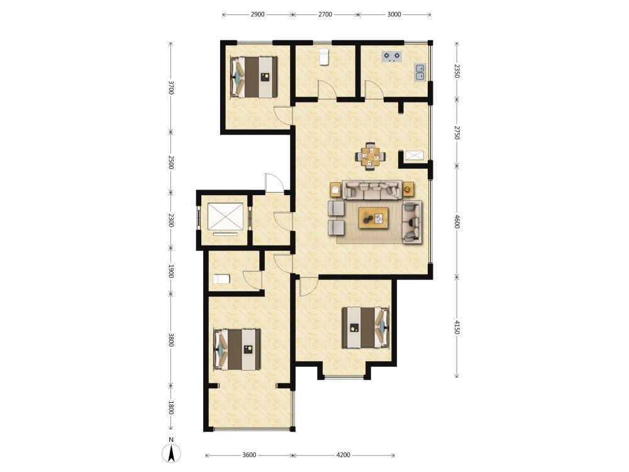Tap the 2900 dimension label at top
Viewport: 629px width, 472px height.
pos(257,14)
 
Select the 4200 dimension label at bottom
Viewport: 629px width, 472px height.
pos(343,455)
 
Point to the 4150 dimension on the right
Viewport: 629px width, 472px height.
pos(457,327)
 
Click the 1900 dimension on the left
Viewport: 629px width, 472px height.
pos(171,271)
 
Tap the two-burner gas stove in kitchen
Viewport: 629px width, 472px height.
pos(391,57)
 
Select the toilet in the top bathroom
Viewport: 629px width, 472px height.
pos(324,57)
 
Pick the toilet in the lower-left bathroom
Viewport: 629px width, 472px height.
pos(221,279)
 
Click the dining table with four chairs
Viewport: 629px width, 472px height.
pos(370,157)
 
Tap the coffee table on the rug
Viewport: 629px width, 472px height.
pos(374,218)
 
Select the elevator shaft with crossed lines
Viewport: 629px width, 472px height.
pos(225,216)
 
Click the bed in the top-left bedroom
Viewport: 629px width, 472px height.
pos(254,77)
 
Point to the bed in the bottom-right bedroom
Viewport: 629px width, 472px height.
pos(365,327)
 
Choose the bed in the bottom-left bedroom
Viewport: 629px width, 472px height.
pos(237,349)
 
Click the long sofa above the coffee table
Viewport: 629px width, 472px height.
pos(372,189)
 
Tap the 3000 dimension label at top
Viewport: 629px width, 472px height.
pos(394,14)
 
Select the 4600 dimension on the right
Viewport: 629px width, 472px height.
pos(457,221)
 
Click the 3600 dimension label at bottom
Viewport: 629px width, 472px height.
pos(249,455)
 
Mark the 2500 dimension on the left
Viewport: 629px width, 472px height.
pos(171,162)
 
